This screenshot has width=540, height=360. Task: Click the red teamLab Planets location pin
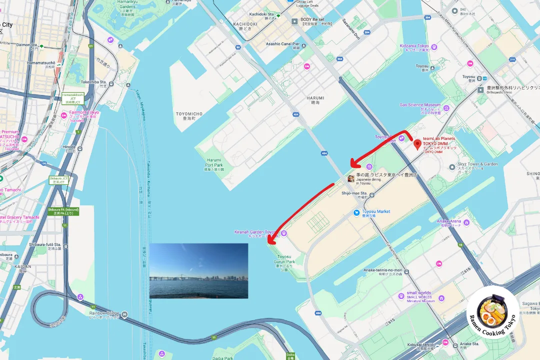[418, 144]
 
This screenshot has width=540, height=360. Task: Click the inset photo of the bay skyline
[198, 270]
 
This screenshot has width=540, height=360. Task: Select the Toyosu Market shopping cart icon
[356, 212]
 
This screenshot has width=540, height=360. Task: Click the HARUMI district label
[315, 98]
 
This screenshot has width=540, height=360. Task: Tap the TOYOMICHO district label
[189, 114]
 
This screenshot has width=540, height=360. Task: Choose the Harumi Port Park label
[214, 162]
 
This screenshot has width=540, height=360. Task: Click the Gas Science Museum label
[420, 105]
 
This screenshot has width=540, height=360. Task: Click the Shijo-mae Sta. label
[354, 193]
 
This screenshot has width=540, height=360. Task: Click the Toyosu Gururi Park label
[284, 258]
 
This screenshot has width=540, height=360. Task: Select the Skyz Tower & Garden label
[478, 164]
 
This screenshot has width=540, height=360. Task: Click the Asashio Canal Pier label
[282, 44]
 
